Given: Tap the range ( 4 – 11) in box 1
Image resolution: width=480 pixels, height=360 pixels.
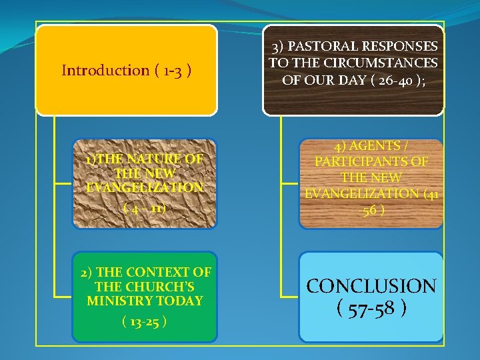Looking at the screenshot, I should pos(145,207).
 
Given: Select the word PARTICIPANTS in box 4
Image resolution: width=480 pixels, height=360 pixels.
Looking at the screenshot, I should pos(371,162).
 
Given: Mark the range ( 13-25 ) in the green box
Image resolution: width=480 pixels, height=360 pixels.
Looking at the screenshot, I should pos(145,322).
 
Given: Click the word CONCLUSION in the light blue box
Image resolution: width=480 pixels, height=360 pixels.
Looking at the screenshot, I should pos(371,287).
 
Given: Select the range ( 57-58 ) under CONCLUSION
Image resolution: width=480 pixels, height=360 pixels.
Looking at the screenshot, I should pos(371,309).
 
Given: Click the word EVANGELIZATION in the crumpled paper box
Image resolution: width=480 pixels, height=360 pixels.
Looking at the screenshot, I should pos(145,188).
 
